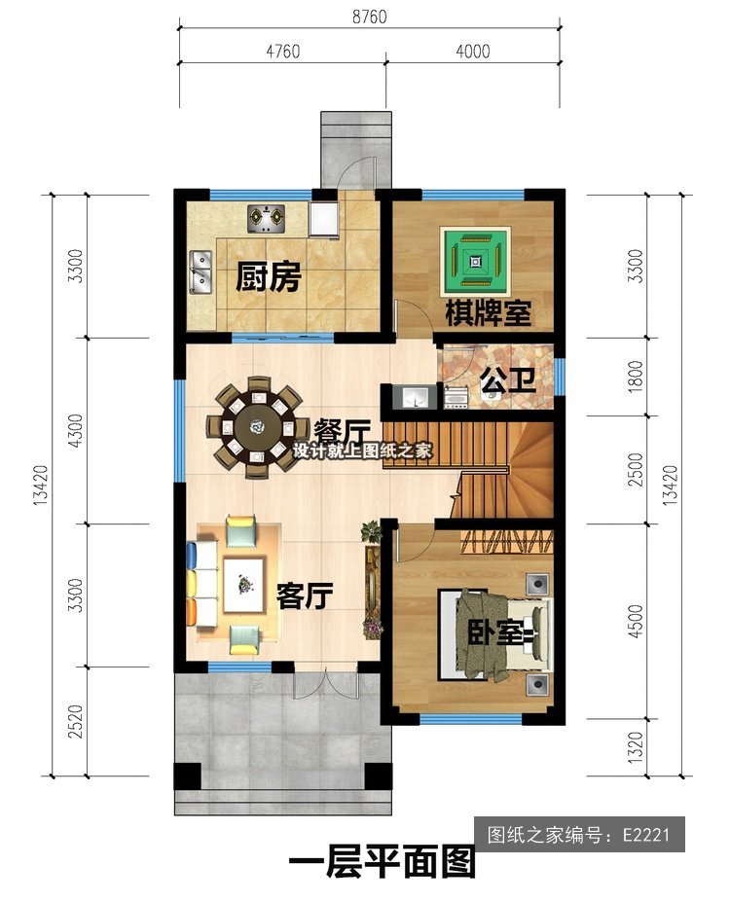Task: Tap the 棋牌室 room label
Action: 488,312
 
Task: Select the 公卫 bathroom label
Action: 508,380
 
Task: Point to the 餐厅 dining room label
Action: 341,430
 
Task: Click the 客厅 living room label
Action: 305,595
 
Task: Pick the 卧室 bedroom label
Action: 494,631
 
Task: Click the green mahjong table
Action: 475,262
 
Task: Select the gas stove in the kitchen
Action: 267,219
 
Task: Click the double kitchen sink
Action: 201,271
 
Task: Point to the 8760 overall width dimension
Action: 369,17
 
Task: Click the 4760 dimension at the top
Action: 282,52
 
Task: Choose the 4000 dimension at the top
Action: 473,52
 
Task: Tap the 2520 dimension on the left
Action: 75,721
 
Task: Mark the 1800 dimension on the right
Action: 635,377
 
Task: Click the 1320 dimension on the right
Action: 635,747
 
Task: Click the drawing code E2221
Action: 646,834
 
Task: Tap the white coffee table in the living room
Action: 244,586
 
